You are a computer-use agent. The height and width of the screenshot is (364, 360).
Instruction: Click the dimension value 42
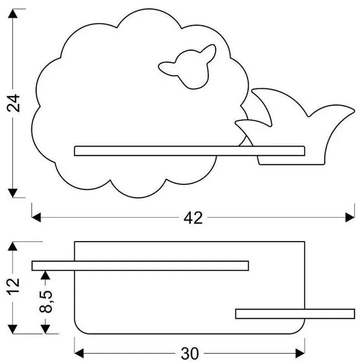tap(193, 218)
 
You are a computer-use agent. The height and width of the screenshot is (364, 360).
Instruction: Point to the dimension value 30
tap(189, 354)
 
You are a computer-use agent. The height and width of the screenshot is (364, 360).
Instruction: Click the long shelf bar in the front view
tap(189, 151)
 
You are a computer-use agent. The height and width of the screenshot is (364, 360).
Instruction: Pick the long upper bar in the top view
tap(140, 266)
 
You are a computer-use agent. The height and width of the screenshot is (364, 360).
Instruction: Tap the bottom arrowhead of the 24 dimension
tap(14, 193)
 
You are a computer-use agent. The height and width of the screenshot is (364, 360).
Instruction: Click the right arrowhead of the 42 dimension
tap(350, 217)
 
